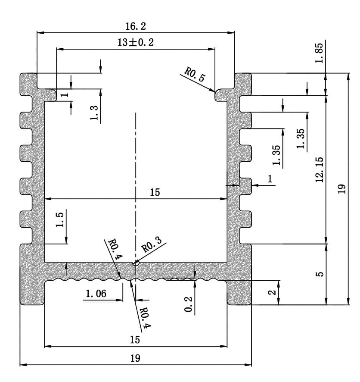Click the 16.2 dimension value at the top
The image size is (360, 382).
[x=136, y=26]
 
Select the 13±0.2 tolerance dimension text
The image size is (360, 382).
[x=136, y=42]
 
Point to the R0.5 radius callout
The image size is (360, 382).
[x=195, y=75]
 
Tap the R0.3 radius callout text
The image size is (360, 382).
[x=152, y=244]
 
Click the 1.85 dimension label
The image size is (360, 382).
[x=319, y=53]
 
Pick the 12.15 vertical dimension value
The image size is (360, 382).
[x=320, y=169]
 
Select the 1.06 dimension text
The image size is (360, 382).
[x=96, y=294]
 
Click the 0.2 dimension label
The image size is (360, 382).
[x=188, y=304]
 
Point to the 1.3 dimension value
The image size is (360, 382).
[x=94, y=113]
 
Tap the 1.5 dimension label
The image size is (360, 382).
[x=59, y=219]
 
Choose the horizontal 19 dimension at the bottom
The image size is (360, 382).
[x=135, y=358]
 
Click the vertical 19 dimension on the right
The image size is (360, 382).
[x=341, y=189]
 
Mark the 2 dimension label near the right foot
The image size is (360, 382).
[x=272, y=292]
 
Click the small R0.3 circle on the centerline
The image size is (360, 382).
[x=136, y=263]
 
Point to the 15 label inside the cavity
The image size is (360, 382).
[x=155, y=192]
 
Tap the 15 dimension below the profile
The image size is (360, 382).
[x=135, y=340]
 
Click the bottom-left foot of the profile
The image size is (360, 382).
[x=32, y=292]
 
